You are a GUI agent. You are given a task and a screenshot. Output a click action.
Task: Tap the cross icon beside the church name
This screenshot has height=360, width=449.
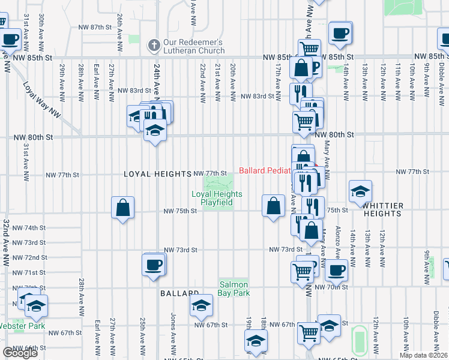[154, 44]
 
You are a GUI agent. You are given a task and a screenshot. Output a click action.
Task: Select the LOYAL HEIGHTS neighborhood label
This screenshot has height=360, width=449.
[157, 174]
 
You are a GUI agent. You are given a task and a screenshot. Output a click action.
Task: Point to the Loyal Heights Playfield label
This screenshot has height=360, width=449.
[217, 198]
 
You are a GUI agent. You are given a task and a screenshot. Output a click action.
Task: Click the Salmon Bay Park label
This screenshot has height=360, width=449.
[234, 289]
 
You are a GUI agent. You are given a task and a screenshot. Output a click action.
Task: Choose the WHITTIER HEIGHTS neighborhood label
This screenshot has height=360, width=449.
[382, 209]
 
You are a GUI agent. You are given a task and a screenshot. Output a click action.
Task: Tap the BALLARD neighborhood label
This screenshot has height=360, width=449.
[179, 293]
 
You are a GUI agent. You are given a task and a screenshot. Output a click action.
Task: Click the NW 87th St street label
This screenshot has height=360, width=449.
[95, 27]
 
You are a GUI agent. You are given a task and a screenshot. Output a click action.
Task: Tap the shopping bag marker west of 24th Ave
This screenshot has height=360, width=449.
[122, 208]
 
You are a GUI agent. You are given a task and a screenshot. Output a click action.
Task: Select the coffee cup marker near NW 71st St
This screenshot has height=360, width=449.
[153, 265]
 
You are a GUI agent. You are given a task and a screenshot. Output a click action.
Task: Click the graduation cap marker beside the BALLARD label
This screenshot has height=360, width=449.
[202, 305]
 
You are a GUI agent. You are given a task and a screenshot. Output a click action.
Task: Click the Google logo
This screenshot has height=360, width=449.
[20, 353]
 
